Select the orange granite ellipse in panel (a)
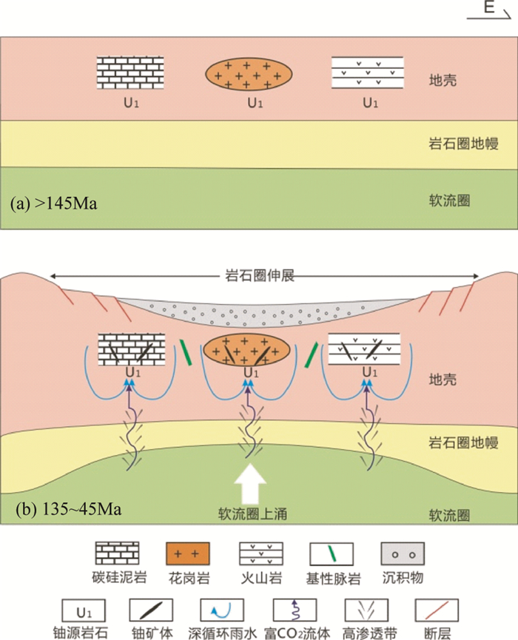249,74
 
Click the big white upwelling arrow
249,482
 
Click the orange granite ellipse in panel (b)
249,348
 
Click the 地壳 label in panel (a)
443,78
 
